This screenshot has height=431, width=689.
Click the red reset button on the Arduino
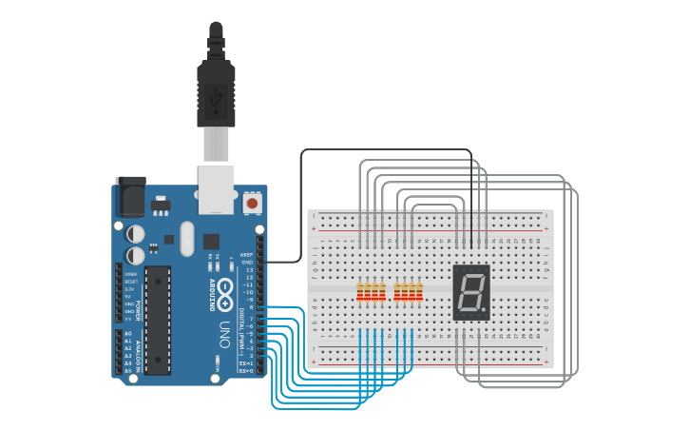(x=252, y=203)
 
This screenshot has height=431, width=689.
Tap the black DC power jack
(x=130, y=197)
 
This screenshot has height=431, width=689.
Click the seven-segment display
(x=470, y=292)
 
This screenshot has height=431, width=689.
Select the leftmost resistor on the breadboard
(x=360, y=292)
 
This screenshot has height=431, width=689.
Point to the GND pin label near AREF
(x=247, y=262)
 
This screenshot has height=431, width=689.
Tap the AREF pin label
(x=246, y=255)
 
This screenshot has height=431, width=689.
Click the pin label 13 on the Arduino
(x=249, y=269)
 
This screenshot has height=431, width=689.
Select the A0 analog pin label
(x=127, y=334)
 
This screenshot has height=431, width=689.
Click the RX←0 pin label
(x=245, y=370)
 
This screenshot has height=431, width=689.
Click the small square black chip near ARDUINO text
(x=211, y=242)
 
